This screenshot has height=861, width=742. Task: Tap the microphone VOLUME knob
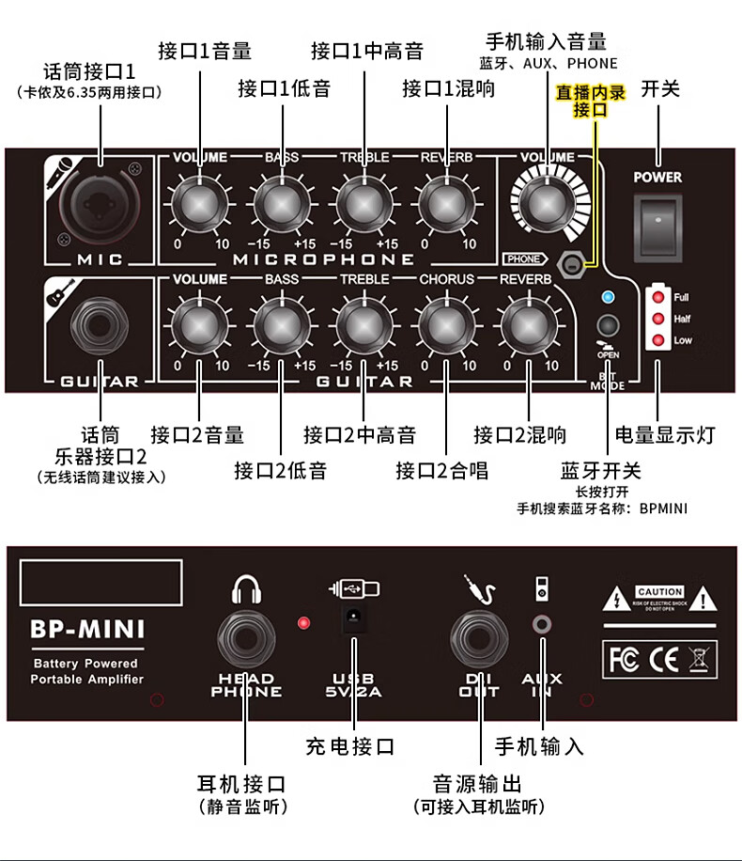tap(198, 201)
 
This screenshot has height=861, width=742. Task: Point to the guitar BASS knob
tap(281, 325)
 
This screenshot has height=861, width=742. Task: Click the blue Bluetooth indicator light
tap(608, 298)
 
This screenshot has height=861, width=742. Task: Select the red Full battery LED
tap(658, 298)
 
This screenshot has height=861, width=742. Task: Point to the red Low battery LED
tap(658, 340)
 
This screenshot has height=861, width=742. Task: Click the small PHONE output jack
tap(568, 264)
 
